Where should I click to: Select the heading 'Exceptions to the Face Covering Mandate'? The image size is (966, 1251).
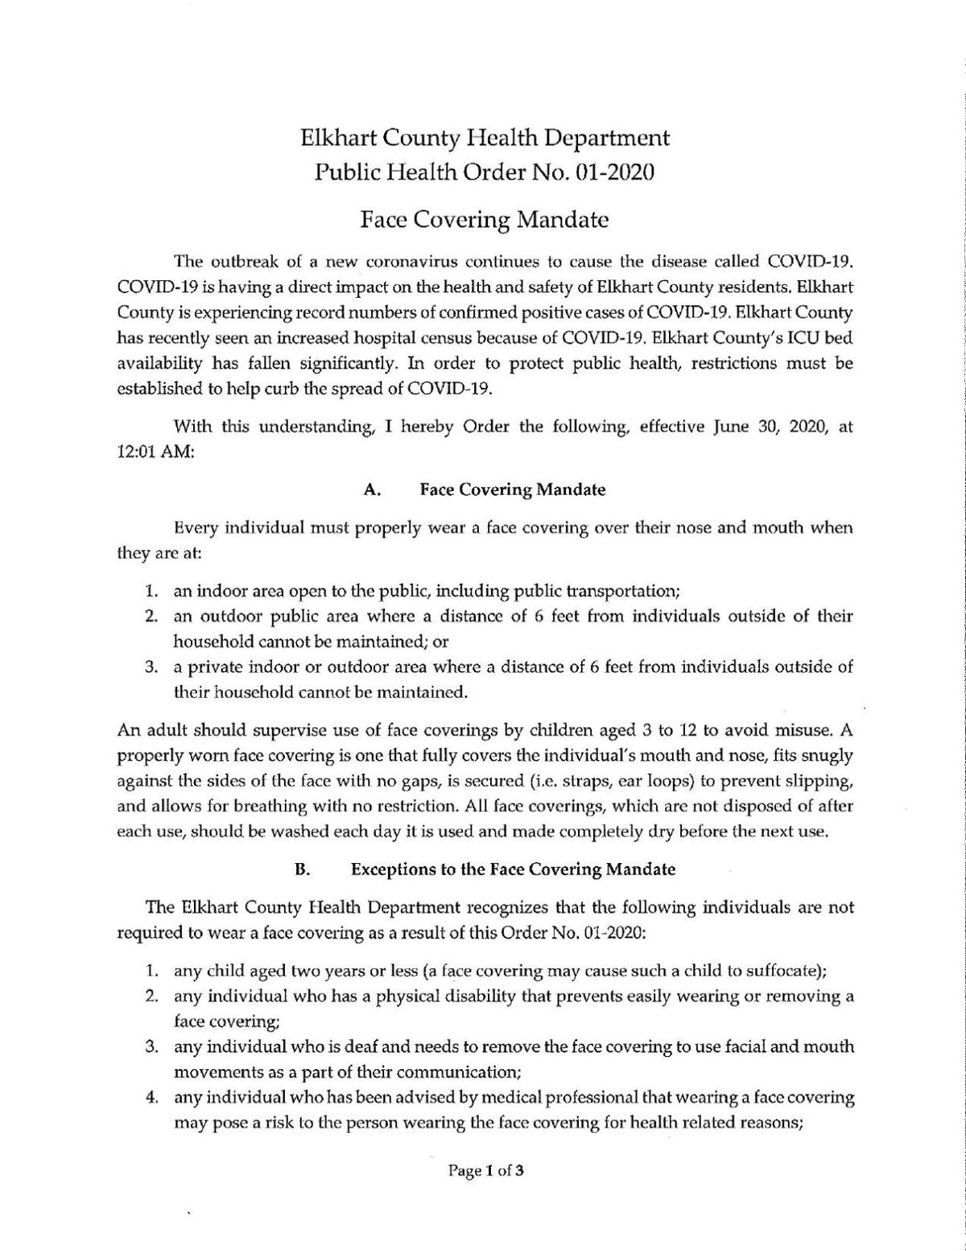pyautogui.click(x=513, y=869)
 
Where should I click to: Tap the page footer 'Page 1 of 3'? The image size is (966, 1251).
pyautogui.click(x=486, y=1170)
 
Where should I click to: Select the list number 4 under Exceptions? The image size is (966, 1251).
pyautogui.click(x=151, y=1097)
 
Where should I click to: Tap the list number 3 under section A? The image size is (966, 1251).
pyautogui.click(x=151, y=667)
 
